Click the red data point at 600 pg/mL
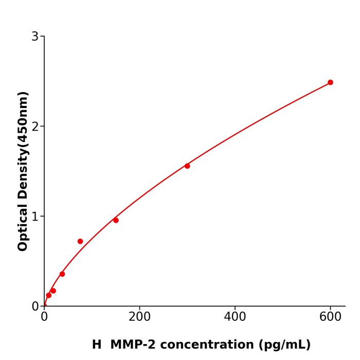(x=330, y=82)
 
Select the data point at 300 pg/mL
(x=187, y=166)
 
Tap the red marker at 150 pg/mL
(x=116, y=220)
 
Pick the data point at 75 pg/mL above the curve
(x=80, y=241)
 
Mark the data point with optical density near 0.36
(x=62, y=274)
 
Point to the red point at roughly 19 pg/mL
(x=53, y=291)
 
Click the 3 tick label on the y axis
(x=35, y=37)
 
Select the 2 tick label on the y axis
(x=35, y=127)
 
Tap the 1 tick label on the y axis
(x=35, y=217)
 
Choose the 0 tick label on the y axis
(x=35, y=307)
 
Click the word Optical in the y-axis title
(x=23, y=226)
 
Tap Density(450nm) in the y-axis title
(x=23, y=145)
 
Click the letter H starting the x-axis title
(x=97, y=345)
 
